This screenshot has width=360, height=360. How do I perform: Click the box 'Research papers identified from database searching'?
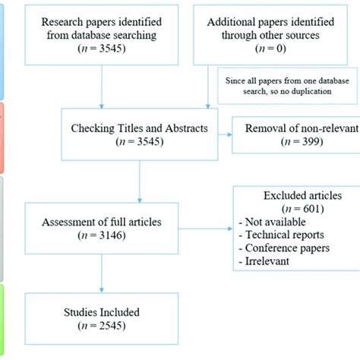(x=101, y=33)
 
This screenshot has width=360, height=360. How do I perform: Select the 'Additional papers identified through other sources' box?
(x=273, y=33)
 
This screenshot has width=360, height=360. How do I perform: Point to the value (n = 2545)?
(x=102, y=327)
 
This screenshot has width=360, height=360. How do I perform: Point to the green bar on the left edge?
(x=3, y=319)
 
